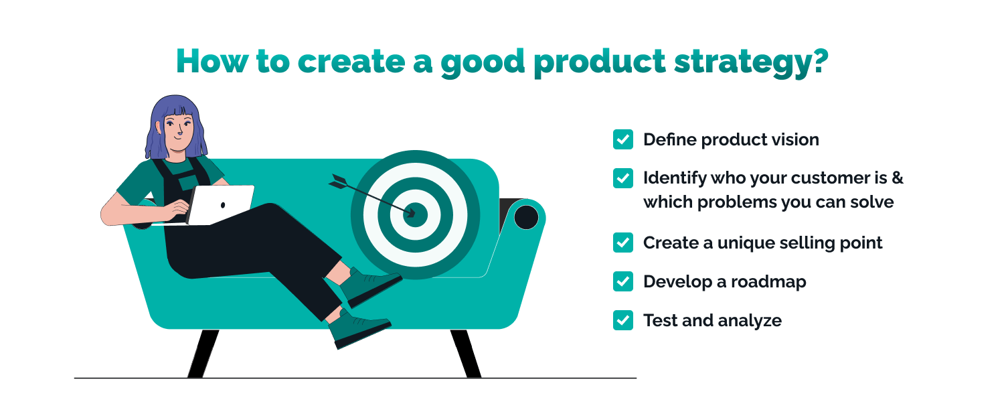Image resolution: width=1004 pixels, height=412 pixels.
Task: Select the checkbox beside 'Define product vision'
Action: click(x=622, y=139)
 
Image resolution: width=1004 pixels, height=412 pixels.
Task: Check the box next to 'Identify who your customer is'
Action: click(x=622, y=178)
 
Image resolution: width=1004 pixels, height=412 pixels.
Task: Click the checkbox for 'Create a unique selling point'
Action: click(x=622, y=243)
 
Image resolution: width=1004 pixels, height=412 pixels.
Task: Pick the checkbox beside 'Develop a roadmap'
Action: click(x=622, y=281)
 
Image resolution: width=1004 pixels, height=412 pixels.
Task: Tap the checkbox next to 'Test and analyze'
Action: click(x=622, y=320)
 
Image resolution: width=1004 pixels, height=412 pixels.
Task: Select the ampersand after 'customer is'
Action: click(x=897, y=178)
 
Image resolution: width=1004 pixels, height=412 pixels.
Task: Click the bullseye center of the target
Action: click(x=416, y=214)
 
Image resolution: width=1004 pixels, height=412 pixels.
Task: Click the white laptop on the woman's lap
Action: click(x=221, y=204)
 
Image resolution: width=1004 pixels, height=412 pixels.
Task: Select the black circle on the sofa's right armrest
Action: click(x=527, y=217)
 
